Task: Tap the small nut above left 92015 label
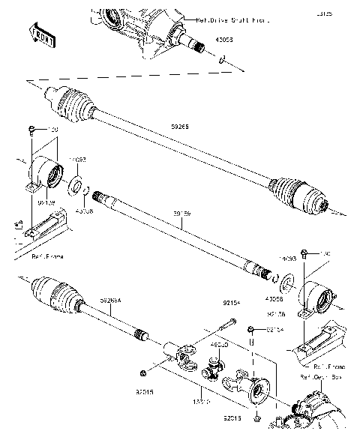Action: pyautogui.click(x=142, y=373)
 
